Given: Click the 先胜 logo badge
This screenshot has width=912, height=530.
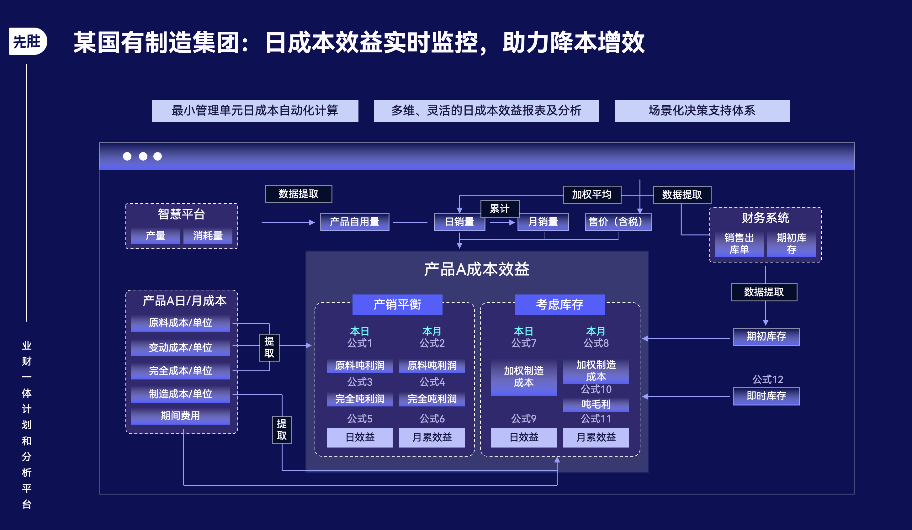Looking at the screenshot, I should coord(28,41).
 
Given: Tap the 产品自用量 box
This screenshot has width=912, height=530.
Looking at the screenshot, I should coord(354,222).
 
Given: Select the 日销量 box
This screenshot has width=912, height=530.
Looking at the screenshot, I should coord(459,222).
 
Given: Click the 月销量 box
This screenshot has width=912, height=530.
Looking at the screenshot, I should coord(543,222).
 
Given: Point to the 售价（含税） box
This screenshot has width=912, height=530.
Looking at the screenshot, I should coord(618,222).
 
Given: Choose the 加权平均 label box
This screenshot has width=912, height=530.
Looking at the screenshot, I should coord(592,195).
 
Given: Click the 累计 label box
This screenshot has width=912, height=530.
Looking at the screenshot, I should coord(499,209).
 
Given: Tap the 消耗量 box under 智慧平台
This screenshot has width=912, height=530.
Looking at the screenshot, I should coord(208,236).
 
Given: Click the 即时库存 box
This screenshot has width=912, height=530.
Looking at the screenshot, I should coord(766,396).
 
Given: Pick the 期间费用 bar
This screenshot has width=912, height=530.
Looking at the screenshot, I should coord(180,416).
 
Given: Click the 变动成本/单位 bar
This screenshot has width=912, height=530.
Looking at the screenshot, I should coord(180,347).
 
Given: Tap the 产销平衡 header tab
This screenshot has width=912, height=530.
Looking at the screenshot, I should coord(397,304).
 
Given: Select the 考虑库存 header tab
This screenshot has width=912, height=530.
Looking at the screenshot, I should coord(559,304).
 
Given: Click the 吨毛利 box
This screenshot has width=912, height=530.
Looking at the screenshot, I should coord(596,404).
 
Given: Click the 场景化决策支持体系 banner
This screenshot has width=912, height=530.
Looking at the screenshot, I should coord(702,110).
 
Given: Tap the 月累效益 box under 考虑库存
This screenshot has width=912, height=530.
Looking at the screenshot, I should coord(596,437).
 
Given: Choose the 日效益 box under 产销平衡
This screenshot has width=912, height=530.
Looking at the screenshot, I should coord(360,437).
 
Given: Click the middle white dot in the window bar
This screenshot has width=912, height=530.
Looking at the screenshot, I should coord(143,156).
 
